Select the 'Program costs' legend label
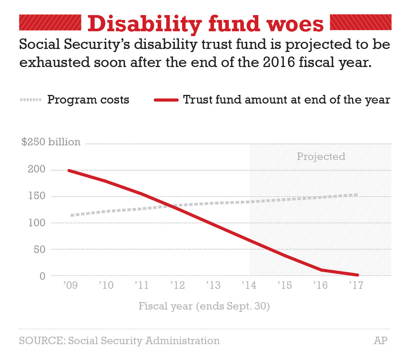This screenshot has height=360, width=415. point(88,100)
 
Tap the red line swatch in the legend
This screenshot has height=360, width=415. point(166,100)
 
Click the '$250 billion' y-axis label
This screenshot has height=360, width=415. point(51,142)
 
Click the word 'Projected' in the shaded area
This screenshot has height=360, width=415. point(321,156)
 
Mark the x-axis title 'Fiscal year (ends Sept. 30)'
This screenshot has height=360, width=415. point(204,306)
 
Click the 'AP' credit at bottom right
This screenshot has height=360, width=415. point(380,341)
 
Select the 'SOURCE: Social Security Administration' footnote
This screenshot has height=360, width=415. point(119,341)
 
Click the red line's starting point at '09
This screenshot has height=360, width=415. point(69,170)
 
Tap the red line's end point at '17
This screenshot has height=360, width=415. point(357,275)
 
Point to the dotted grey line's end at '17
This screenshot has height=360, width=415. point(356,195)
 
